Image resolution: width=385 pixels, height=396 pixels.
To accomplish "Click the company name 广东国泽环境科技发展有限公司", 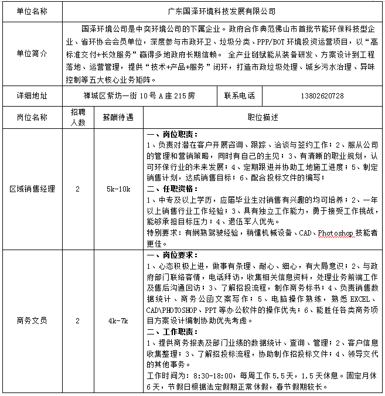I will click(217, 11).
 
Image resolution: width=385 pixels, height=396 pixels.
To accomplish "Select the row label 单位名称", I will click(32, 11).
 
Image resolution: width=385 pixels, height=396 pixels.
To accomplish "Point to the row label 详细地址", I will click(32, 95).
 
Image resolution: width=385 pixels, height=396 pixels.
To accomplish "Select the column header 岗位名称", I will click(32, 117).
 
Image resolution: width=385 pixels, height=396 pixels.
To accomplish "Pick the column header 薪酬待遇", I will click(118, 117).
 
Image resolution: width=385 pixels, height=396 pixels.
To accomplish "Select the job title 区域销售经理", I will click(32, 189).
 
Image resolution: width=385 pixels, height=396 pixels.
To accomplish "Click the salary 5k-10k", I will click(118, 189).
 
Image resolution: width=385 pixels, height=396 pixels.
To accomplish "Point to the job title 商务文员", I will click(32, 321).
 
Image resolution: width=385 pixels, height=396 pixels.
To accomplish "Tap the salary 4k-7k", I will click(118, 321).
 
